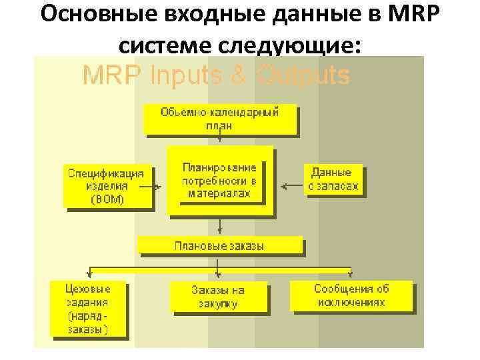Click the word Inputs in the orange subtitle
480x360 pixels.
(181, 76)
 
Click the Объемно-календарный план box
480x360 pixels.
(219, 119)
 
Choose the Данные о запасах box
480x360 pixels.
(333, 179)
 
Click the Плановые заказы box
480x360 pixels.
(219, 245)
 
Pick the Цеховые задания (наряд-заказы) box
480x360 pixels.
(87, 307)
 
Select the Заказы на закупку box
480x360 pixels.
(218, 297)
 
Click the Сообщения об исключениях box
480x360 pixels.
(351, 295)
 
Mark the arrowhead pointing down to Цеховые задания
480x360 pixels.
(89, 273)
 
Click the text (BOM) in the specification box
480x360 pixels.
(107, 199)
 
